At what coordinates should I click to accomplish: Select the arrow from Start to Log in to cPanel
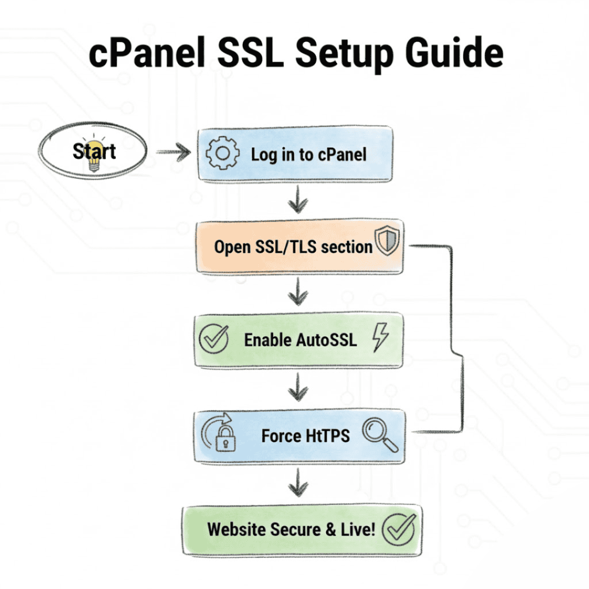click(174, 152)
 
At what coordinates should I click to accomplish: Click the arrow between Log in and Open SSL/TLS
click(297, 202)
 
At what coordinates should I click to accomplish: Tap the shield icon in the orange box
click(387, 242)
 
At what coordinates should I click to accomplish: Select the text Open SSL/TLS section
click(293, 247)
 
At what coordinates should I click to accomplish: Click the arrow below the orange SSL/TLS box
click(297, 295)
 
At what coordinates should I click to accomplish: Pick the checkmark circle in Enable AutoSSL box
click(213, 339)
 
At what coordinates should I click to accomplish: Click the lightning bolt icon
click(380, 337)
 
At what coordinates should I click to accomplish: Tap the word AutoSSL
click(326, 339)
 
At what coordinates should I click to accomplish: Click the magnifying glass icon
click(380, 434)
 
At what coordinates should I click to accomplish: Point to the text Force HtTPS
click(305, 435)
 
